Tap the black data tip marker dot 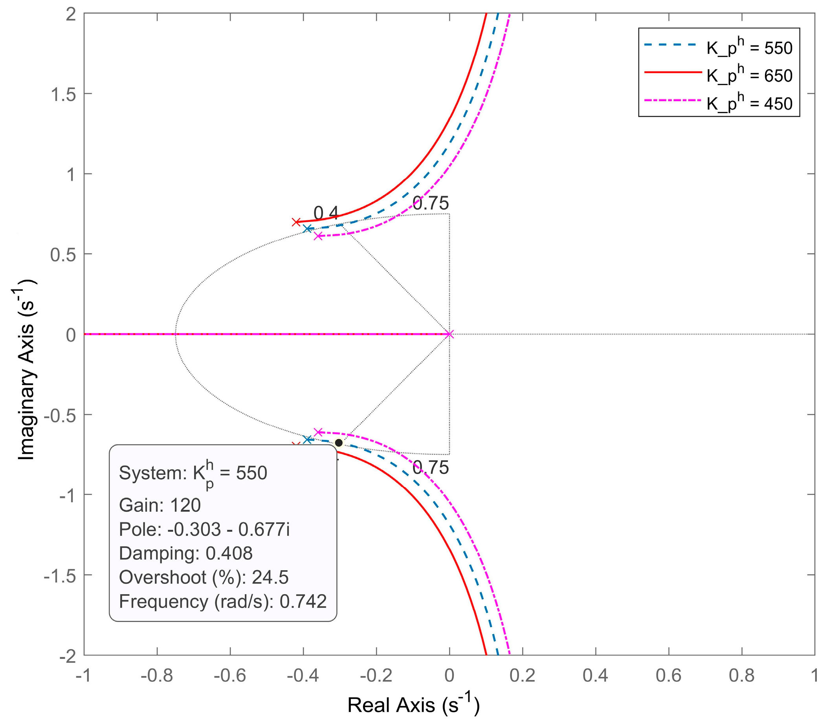[339, 443]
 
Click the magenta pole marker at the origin [449, 334]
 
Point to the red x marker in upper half [296, 222]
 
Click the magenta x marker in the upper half [318, 236]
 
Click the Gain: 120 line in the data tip [160, 505]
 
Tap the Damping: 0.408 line [186, 553]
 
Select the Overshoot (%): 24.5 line [204, 577]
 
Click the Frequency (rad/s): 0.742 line [223, 601]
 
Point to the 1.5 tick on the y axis [64, 94]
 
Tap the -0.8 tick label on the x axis [156, 675]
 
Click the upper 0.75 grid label [431, 203]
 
